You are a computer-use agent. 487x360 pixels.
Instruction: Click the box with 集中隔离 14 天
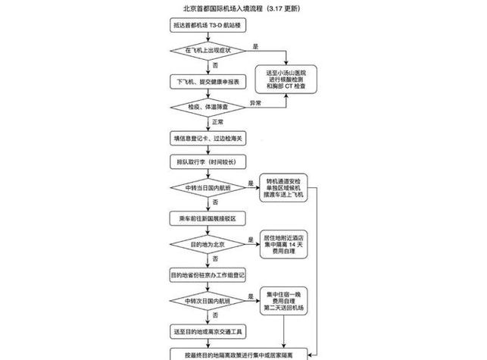(284, 243)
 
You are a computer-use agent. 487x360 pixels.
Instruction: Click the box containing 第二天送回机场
(284, 300)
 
